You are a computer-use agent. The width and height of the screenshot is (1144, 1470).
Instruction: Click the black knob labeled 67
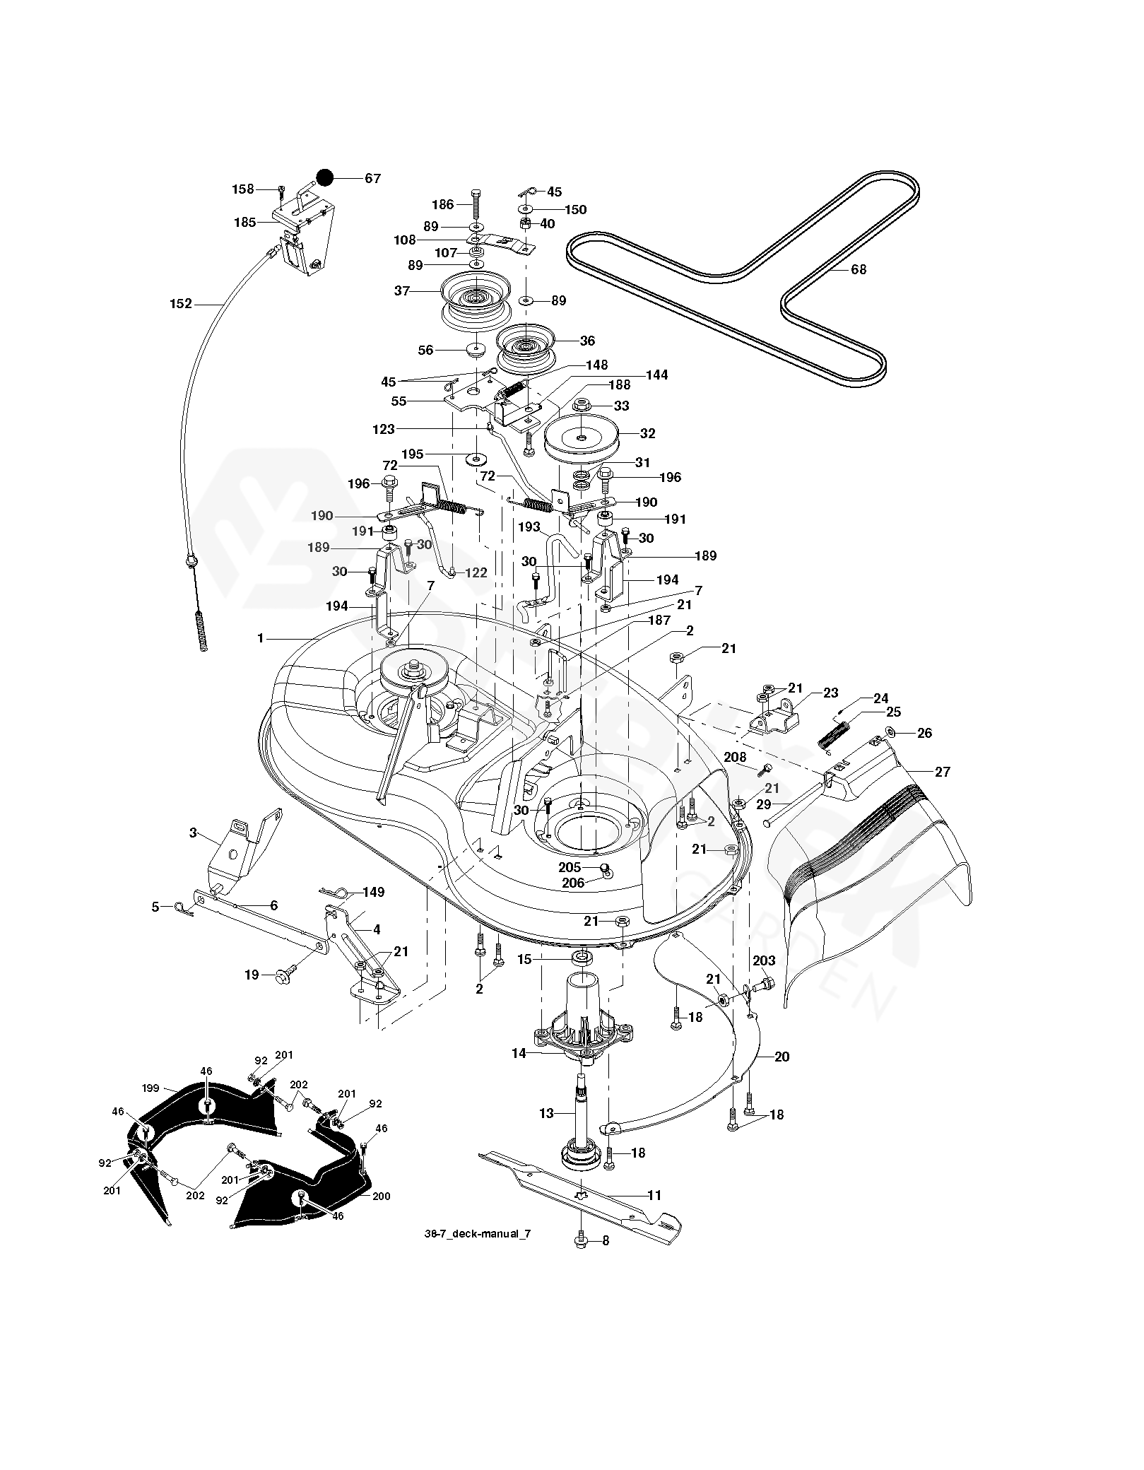[324, 177]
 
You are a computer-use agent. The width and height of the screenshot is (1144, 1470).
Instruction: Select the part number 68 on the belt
[858, 269]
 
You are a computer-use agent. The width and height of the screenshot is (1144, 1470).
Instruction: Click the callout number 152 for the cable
[180, 303]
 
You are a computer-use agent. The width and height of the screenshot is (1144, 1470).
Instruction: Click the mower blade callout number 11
[654, 1195]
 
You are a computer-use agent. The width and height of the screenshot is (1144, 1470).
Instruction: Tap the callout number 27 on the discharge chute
[943, 771]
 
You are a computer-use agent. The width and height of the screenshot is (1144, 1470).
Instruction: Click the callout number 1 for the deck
[261, 638]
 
